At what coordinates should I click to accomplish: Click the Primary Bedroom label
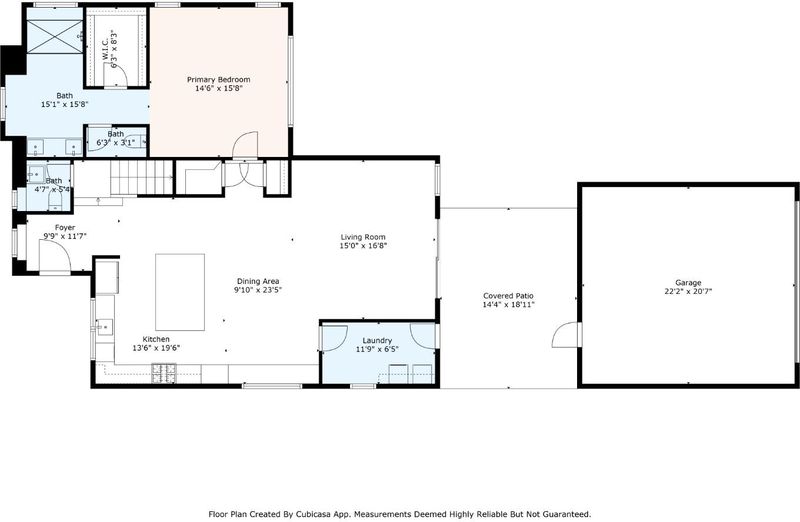tap(218, 80)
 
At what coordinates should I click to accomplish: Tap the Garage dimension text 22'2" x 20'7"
tap(688, 291)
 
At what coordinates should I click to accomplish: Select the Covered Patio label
tap(508, 296)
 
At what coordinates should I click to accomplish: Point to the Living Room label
tap(363, 237)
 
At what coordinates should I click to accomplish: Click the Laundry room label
tap(377, 341)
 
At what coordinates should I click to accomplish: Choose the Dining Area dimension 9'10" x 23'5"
tap(258, 290)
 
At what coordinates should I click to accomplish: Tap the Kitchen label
tap(156, 339)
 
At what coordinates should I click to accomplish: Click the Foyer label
tap(65, 228)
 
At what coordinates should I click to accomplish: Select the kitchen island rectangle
tap(180, 292)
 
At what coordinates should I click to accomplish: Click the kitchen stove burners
tap(164, 373)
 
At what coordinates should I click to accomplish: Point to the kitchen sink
tap(105, 327)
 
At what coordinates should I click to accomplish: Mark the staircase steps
tap(141, 178)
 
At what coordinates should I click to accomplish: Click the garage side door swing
tap(566, 335)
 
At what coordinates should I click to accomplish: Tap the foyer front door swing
tap(55, 255)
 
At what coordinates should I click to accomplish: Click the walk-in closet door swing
tap(115, 75)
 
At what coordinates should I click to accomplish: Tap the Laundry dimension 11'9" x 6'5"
tap(377, 350)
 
